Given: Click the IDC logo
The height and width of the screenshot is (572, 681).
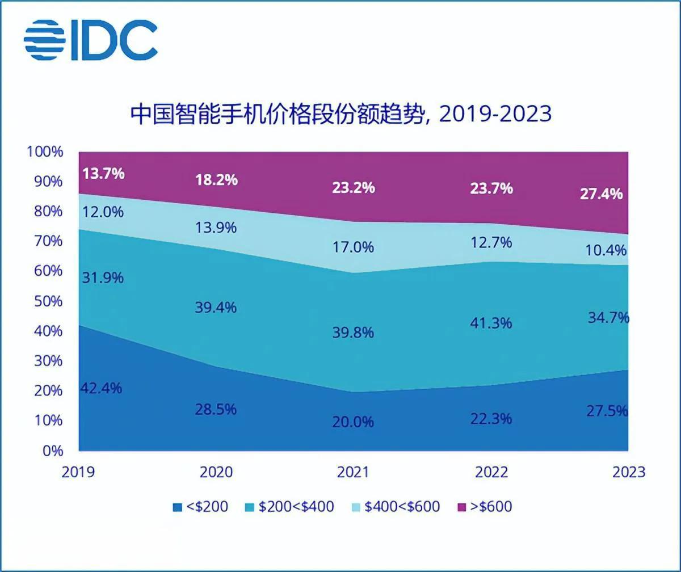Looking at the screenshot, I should point(91,40).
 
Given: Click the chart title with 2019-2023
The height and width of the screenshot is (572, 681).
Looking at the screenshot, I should point(340,113).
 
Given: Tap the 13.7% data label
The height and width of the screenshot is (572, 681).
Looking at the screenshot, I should point(103,174).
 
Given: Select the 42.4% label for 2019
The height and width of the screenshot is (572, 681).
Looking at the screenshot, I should point(101,389).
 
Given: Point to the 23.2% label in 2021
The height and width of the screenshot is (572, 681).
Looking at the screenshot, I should point(354,188).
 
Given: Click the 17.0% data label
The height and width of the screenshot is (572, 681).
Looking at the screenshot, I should point(354,247).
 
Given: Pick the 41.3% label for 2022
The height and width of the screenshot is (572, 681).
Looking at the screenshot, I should point(491,323).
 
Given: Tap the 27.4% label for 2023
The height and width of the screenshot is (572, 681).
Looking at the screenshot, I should point(601,194).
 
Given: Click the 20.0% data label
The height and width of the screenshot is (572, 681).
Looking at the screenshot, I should point(354,422).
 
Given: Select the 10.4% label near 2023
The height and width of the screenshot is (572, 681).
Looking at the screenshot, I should point(606,250).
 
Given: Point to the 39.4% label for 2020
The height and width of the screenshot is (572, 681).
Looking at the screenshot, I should point(216,308).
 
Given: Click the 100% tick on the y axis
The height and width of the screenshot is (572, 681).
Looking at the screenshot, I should point(45,152).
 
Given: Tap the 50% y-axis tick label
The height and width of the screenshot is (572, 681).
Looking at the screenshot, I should point(48,301).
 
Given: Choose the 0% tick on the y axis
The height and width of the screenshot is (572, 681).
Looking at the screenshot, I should point(52,451).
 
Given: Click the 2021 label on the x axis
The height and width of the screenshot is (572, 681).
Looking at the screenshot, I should point(352,472).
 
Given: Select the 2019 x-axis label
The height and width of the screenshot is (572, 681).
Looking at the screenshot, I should point(78,472).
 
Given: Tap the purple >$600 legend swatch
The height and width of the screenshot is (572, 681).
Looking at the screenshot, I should point(461,506).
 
